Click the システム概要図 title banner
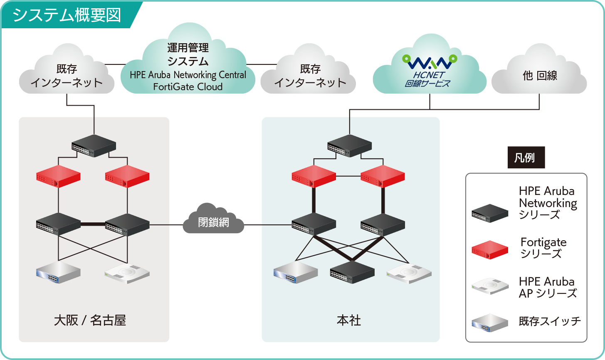67,15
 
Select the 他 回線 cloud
539,76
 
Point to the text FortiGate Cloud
188,87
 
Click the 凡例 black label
526,158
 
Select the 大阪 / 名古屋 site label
90,321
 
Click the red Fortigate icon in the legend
490,250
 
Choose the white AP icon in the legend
490,286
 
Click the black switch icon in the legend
490,213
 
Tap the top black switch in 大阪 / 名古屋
94,145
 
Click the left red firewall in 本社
314,177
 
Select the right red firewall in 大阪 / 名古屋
127,177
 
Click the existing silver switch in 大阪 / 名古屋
58,273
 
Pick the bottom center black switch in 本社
352,273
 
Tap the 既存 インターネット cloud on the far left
67,76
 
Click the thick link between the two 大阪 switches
92,225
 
